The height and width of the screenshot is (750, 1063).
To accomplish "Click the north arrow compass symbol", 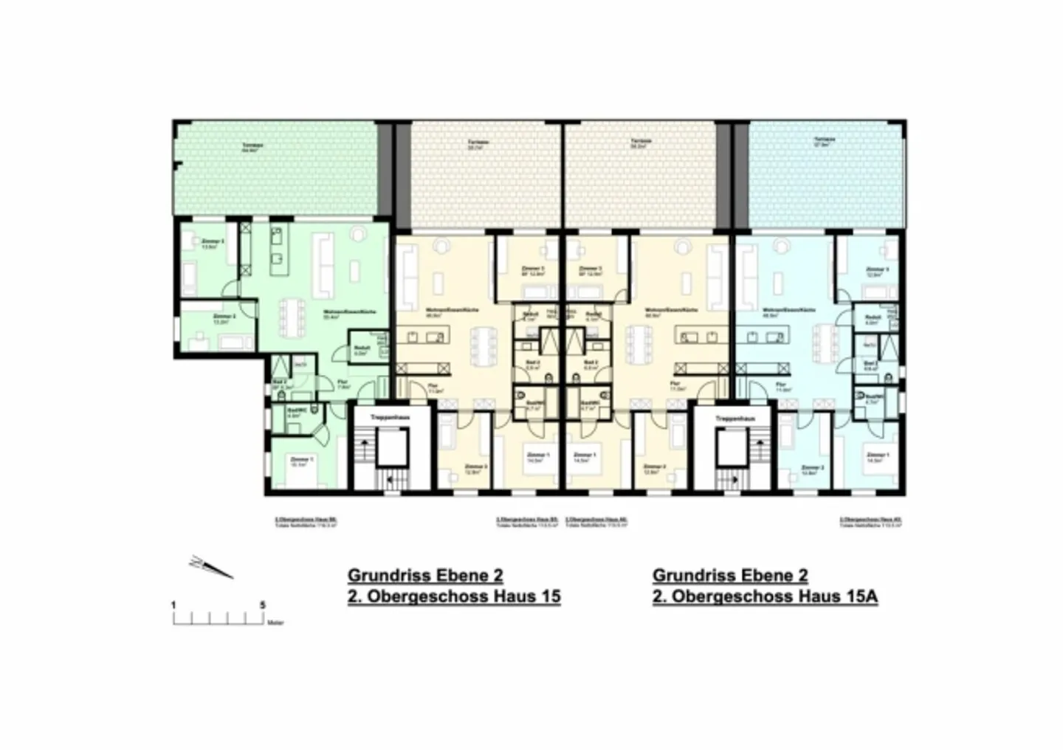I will pyautogui.click(x=211, y=566).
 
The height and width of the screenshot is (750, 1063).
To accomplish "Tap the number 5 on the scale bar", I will pyautogui.click(x=263, y=605).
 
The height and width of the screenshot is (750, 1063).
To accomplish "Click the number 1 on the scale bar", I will pyautogui.click(x=174, y=605).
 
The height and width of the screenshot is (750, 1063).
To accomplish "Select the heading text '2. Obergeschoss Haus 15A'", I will pyautogui.click(x=765, y=596).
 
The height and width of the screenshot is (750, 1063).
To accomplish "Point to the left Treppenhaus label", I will pyautogui.click(x=390, y=418).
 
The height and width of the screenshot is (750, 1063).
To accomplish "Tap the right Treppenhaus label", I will pyautogui.click(x=735, y=419).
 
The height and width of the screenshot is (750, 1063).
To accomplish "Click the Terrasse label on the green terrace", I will pyautogui.click(x=252, y=145).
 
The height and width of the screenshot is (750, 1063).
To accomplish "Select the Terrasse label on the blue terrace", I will pyautogui.click(x=825, y=140).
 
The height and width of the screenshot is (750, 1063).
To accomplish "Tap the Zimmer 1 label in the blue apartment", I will pyautogui.click(x=878, y=455).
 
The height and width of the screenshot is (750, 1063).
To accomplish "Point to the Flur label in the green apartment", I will pyautogui.click(x=343, y=382).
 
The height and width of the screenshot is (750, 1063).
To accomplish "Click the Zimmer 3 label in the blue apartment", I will pyautogui.click(x=877, y=269).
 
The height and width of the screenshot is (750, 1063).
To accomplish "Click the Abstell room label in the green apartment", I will pyautogui.click(x=361, y=348).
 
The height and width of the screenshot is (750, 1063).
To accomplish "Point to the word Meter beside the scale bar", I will pyautogui.click(x=275, y=623).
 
